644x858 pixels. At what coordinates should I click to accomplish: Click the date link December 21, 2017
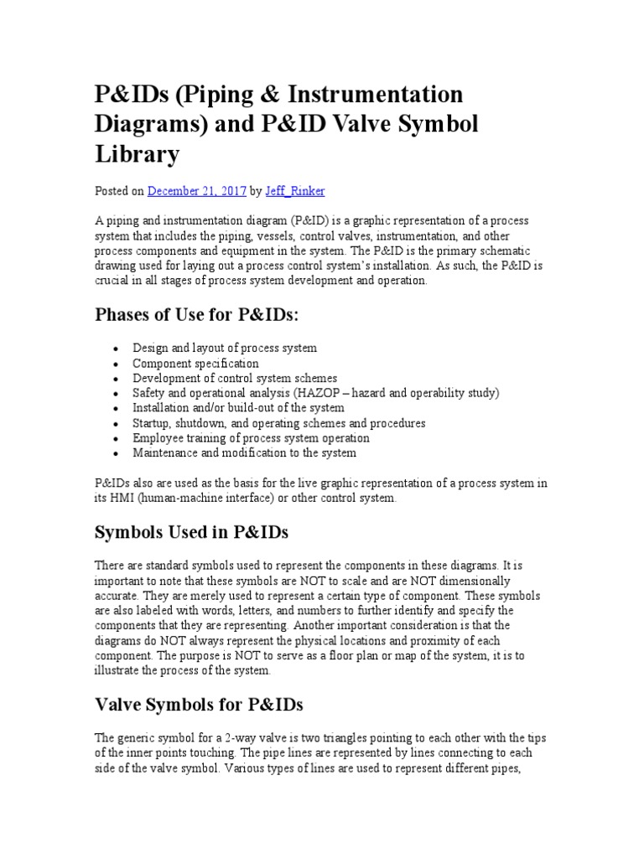coord(196,191)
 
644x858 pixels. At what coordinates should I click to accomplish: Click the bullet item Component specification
coord(195,364)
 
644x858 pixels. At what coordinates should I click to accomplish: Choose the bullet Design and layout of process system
coord(225,349)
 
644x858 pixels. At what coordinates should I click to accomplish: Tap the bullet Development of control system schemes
coord(235,379)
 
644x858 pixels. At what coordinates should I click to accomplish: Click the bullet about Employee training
coord(251,438)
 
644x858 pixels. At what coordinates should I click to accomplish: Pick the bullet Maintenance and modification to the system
coord(244,453)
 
